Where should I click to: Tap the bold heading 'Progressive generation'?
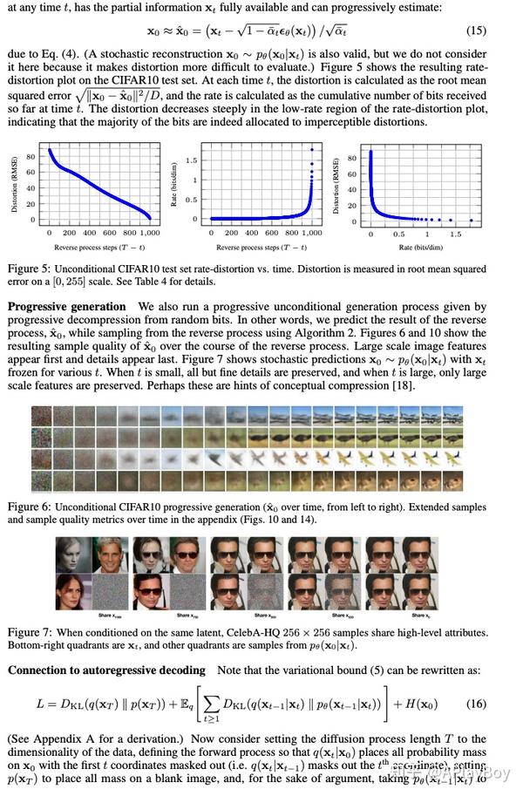tap(66, 307)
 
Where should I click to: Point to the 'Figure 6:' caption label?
tap(29, 507)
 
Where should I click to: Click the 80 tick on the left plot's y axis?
tap(31, 158)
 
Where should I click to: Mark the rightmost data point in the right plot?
tap(471, 220)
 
